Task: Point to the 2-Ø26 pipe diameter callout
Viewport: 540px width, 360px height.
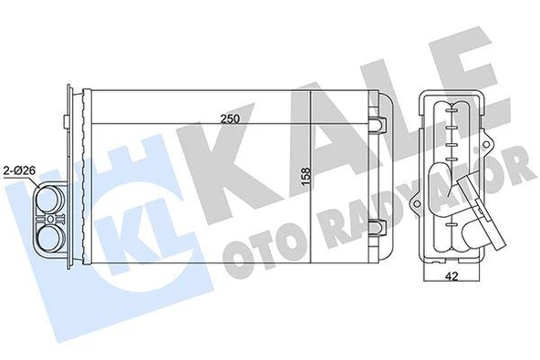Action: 21,170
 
